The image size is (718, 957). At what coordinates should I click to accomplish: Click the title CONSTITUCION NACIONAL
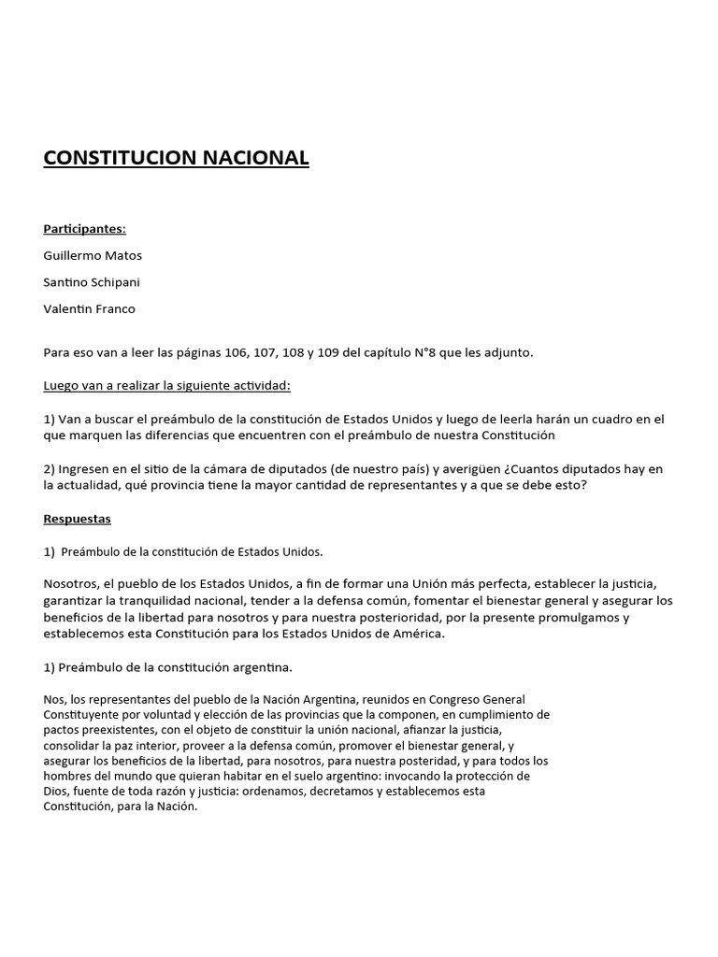click(176, 158)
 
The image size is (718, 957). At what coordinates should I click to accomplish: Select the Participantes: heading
click(84, 229)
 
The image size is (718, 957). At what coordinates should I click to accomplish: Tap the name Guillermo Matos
click(93, 255)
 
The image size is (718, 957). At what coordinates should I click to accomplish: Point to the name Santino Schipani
click(92, 282)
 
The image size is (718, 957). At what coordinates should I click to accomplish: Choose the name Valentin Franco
click(89, 308)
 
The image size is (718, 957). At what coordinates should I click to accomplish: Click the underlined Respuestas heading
click(77, 518)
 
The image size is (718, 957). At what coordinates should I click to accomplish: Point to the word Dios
click(57, 791)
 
